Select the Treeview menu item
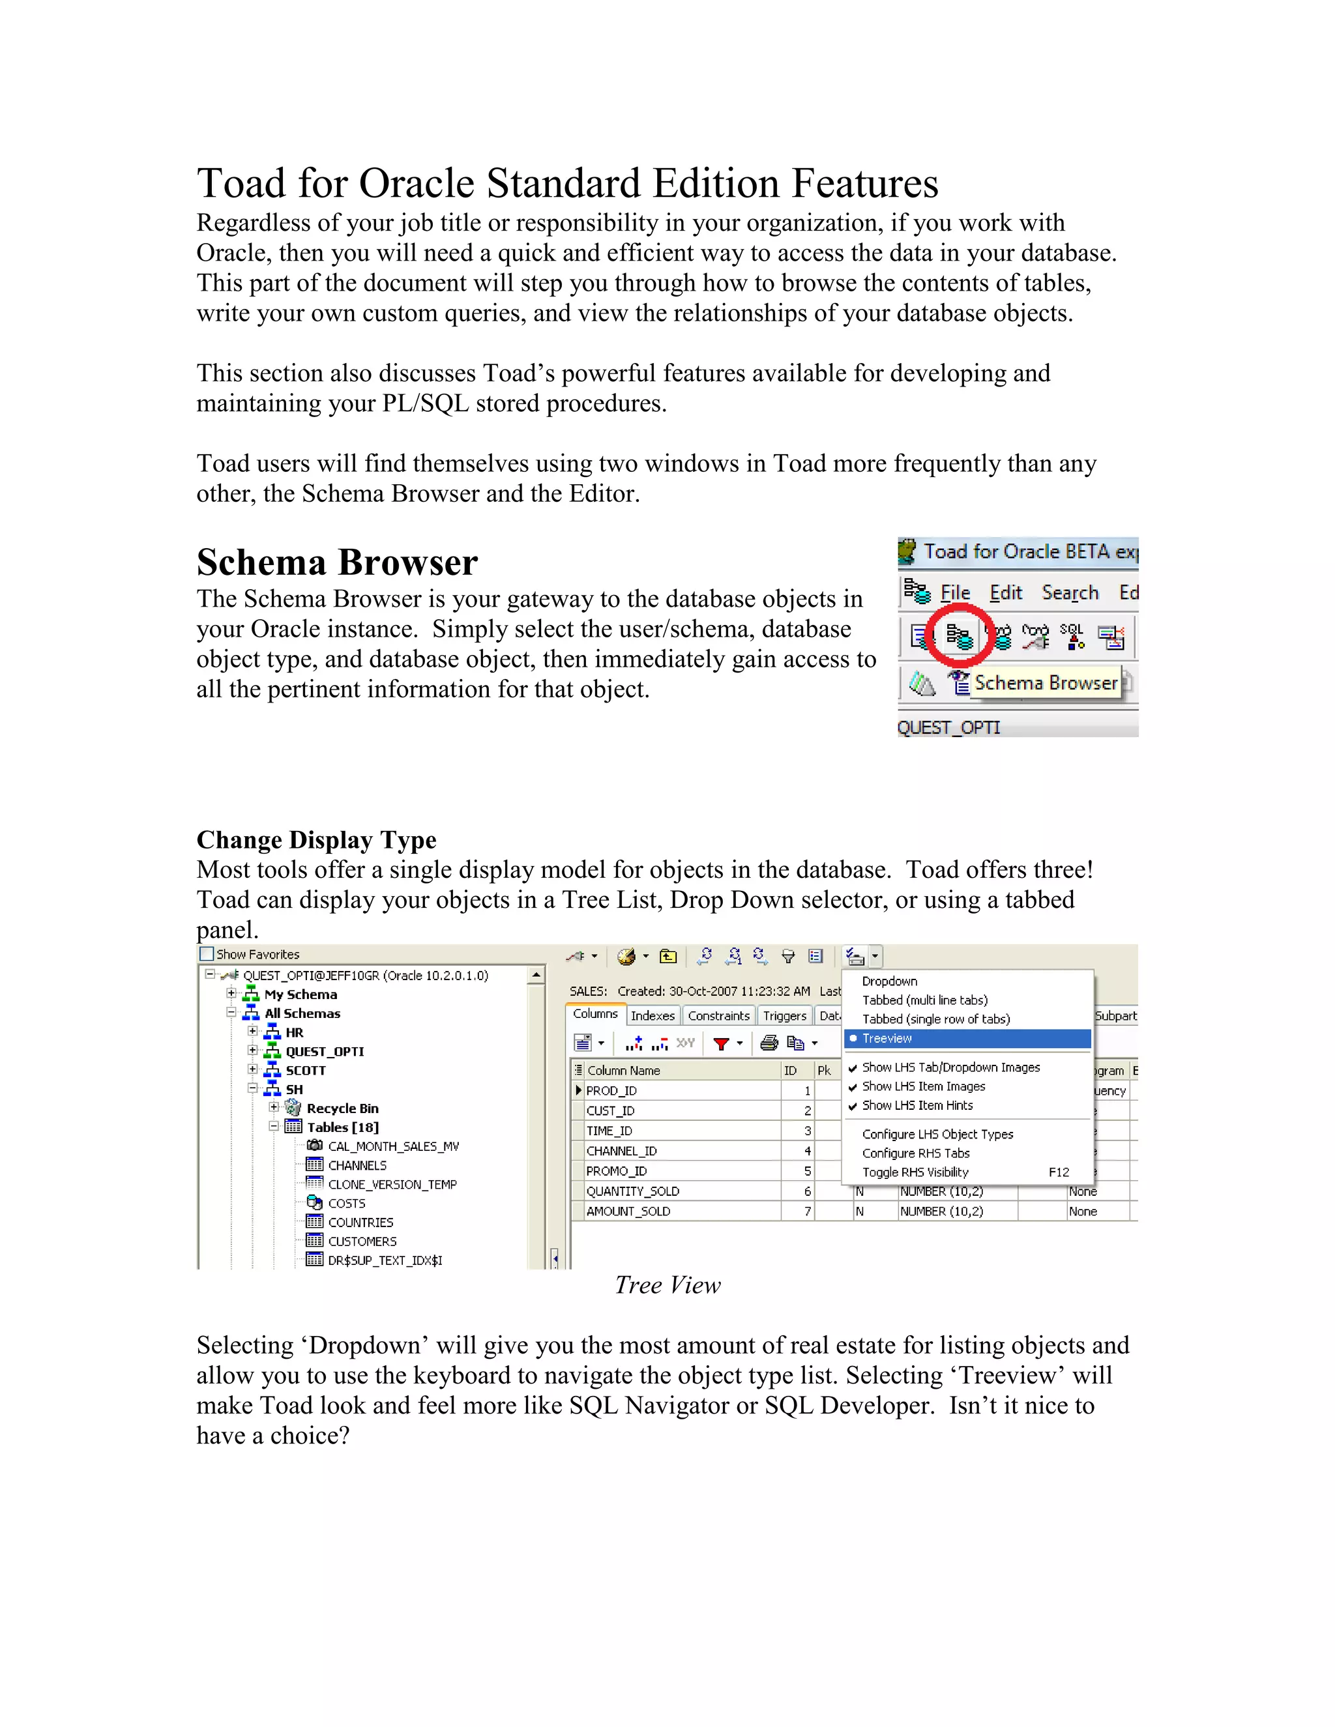887,1038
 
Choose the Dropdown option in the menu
889,981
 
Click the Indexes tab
653,1015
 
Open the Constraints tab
718,1015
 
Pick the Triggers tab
784,1015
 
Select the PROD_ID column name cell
611,1090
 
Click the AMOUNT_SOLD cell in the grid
628,1212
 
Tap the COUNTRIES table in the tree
360,1223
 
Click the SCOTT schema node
305,1070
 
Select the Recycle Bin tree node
342,1108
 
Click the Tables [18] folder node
342,1127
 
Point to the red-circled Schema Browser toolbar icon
958,636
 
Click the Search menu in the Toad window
1069,592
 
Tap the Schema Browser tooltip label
1046,682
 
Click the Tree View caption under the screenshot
667,1285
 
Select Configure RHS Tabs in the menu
915,1153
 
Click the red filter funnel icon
720,1044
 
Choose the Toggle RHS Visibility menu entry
915,1172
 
